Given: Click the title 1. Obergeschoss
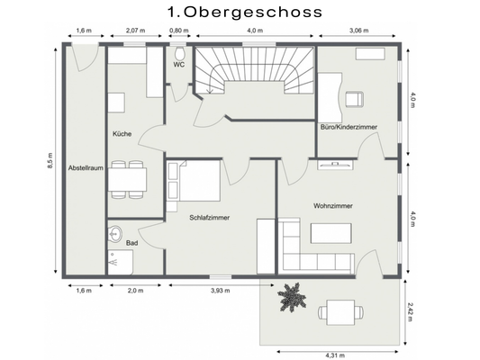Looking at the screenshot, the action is pyautogui.click(x=245, y=13).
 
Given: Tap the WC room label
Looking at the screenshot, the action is pyautogui.click(x=179, y=65).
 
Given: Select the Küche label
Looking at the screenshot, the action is pyautogui.click(x=122, y=134).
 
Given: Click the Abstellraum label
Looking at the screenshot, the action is pyautogui.click(x=86, y=168).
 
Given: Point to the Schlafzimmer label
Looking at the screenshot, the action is pyautogui.click(x=210, y=218).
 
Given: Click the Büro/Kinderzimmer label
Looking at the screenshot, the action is pyautogui.click(x=349, y=127).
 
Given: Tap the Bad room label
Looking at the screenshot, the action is pyautogui.click(x=132, y=243).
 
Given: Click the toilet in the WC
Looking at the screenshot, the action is pyautogui.click(x=179, y=53).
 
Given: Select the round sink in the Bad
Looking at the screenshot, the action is pyautogui.click(x=114, y=234).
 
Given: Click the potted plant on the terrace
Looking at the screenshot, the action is pyautogui.click(x=292, y=297).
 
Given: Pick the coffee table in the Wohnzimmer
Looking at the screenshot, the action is pyautogui.click(x=331, y=233).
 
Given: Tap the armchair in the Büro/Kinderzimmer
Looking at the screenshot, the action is pyautogui.click(x=355, y=99).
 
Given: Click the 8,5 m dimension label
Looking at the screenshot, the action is pyautogui.click(x=50, y=160).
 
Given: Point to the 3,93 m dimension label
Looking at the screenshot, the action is pyautogui.click(x=220, y=291).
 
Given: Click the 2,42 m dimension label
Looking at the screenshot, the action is pyautogui.click(x=411, y=312).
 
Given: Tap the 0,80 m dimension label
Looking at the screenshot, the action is pyautogui.click(x=179, y=31).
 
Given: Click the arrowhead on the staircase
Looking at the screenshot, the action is pyautogui.click(x=210, y=91).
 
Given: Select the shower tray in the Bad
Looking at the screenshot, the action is pyautogui.click(x=121, y=262).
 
